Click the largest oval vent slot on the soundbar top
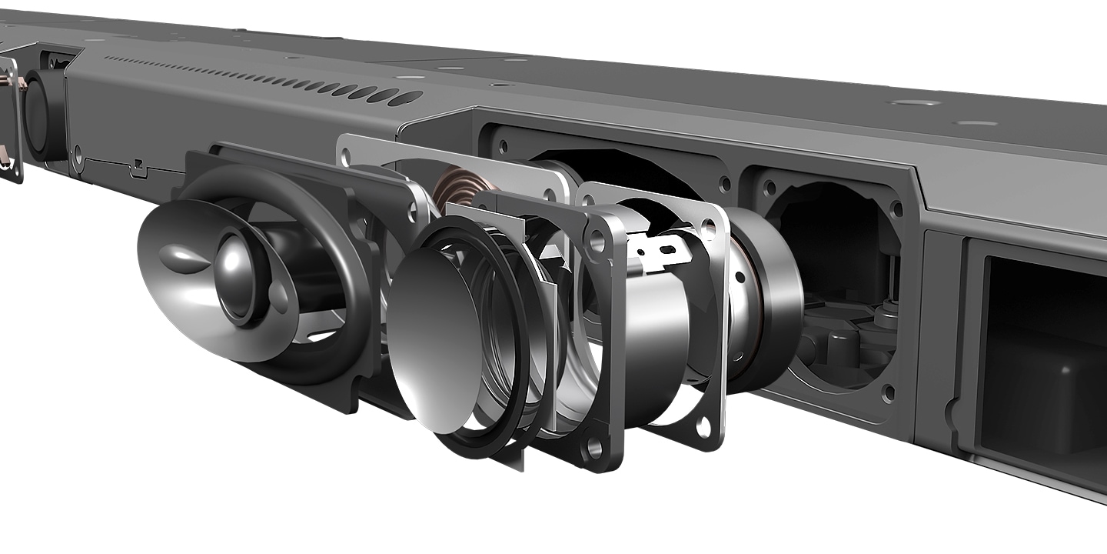[406, 98]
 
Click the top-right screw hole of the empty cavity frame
[896, 209]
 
